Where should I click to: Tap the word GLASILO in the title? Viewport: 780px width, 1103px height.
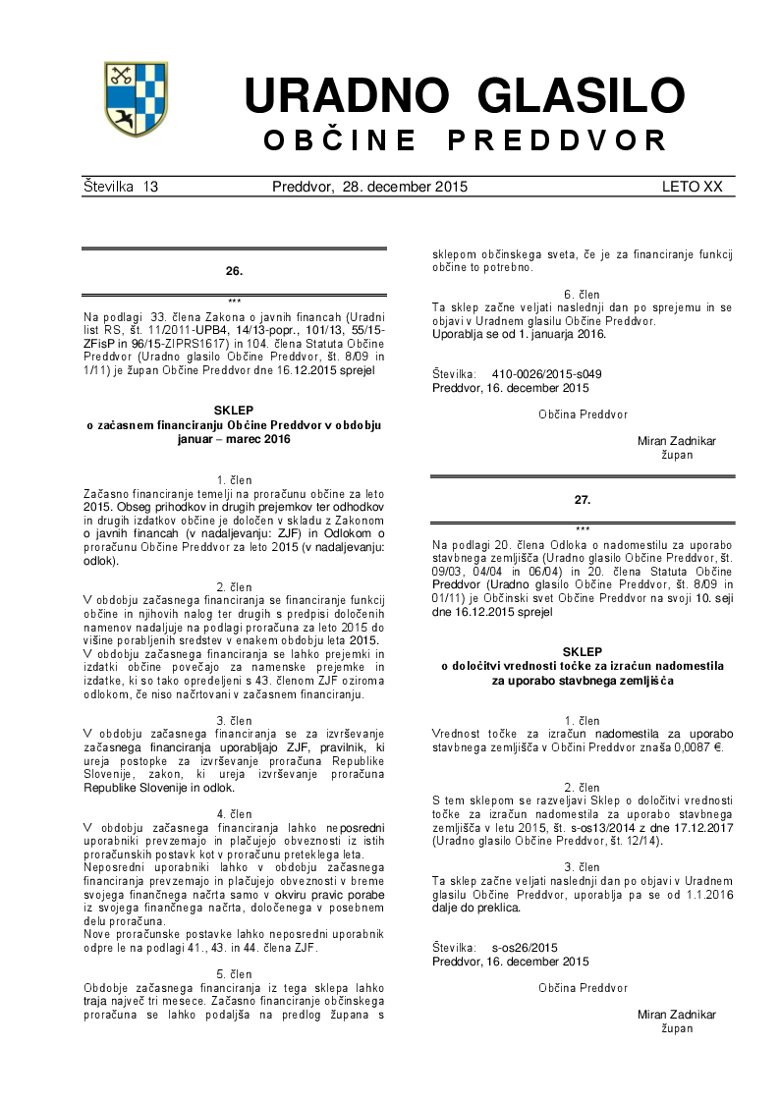[581, 96]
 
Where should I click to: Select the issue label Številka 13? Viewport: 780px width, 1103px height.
[121, 187]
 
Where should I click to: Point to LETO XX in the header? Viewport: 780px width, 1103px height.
[692, 187]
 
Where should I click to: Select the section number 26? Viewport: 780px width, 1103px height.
[234, 270]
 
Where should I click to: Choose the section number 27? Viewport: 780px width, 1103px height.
[583, 500]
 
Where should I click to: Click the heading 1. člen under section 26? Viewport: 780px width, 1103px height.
[234, 479]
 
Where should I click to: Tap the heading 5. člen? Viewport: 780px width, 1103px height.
[234, 974]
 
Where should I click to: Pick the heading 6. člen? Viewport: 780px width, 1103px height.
[583, 295]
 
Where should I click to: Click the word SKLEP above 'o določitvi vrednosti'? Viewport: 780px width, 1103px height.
[583, 652]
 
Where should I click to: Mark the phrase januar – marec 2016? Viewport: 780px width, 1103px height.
[234, 440]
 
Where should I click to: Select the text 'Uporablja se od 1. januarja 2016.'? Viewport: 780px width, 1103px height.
[519, 334]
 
